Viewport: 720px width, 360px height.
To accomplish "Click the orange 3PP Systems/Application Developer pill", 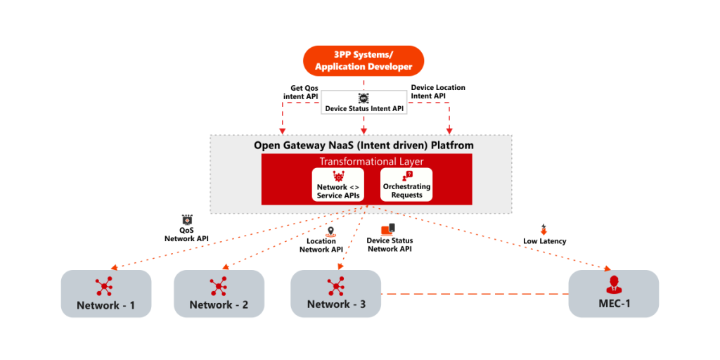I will [364, 60].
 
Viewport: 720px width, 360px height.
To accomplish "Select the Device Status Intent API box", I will [364, 103].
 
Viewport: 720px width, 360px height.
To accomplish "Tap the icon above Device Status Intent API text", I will [364, 98].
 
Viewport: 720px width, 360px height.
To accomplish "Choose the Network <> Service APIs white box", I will [338, 185].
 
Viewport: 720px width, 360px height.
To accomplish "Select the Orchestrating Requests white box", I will [406, 185].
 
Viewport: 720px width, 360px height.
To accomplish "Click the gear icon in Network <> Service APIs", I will [338, 176].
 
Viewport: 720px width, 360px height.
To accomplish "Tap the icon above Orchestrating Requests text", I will [407, 175].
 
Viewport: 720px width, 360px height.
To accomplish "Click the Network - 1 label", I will [106, 306].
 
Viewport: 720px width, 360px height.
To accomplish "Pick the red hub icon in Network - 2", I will [219, 286].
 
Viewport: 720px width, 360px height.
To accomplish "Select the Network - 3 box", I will [336, 294].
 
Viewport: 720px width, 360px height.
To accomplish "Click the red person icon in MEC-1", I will [614, 285].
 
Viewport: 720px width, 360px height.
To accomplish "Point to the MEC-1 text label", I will [614, 304].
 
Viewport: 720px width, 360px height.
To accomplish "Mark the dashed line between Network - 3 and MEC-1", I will [475, 294].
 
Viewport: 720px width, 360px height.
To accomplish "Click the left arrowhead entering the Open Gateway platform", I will [283, 130].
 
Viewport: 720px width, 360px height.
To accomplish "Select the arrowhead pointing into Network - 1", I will [114, 267].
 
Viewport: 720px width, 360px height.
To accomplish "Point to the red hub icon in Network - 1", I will [105, 286].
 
